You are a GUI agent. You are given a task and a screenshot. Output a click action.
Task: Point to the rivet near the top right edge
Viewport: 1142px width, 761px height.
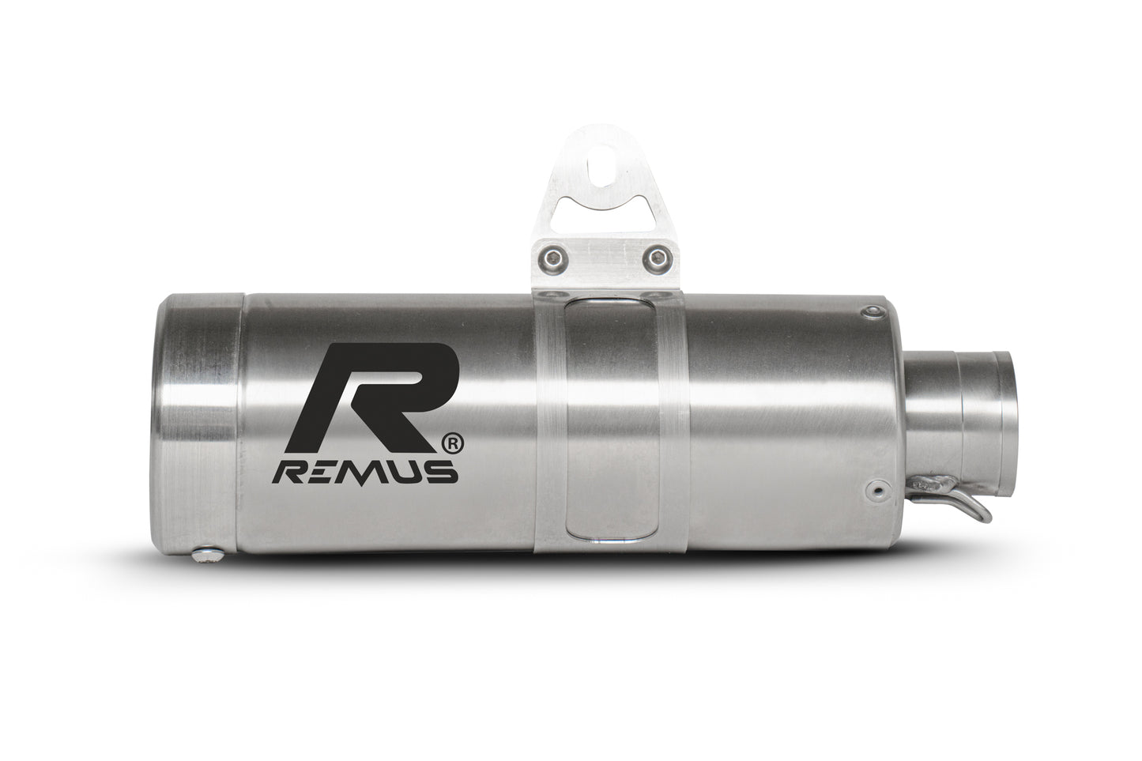tap(873, 314)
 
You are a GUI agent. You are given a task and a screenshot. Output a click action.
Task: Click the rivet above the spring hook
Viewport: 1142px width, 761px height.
tap(874, 489)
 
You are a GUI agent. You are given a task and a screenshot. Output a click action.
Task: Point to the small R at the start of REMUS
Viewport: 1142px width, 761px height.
tap(288, 473)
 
